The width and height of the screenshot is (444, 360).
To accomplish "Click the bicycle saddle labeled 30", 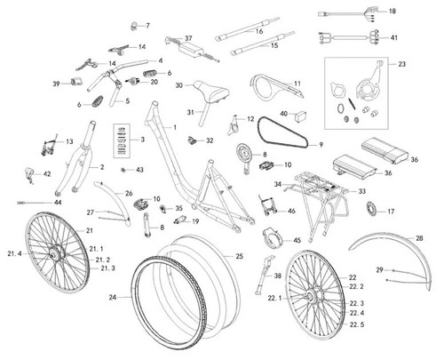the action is click(x=211, y=91).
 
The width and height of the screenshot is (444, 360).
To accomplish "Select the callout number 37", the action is click(x=188, y=38).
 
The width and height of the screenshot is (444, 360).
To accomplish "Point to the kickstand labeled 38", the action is click(x=264, y=275).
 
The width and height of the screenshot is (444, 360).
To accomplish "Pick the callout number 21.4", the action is click(x=15, y=253).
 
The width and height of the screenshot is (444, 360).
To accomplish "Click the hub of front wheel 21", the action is click(x=54, y=254).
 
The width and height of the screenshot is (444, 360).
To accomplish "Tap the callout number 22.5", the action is click(x=357, y=324).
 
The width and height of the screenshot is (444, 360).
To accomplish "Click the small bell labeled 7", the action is click(x=134, y=27).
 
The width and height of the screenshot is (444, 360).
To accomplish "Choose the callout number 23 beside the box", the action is click(x=401, y=64).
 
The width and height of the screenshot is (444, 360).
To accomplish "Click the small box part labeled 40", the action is click(x=300, y=116).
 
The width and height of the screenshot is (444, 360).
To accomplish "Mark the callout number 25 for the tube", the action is click(x=239, y=256).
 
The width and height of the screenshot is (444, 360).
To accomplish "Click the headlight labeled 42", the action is click(x=29, y=174).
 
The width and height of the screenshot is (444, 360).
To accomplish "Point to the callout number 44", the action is click(x=58, y=203).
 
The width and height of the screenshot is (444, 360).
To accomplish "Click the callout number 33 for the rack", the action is click(x=361, y=191).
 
